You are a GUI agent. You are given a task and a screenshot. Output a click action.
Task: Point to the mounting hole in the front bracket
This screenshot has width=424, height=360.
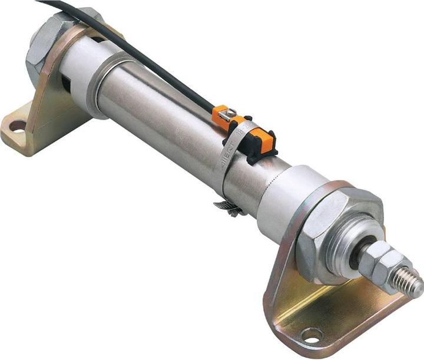pos(311,335)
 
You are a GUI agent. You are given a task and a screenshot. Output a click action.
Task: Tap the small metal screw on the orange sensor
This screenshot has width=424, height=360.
pos(231,113)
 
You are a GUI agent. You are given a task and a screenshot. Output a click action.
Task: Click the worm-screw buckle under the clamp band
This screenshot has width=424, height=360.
pos(230,207)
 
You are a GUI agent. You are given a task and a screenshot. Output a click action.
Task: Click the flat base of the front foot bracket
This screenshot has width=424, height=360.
pos(330,318)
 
